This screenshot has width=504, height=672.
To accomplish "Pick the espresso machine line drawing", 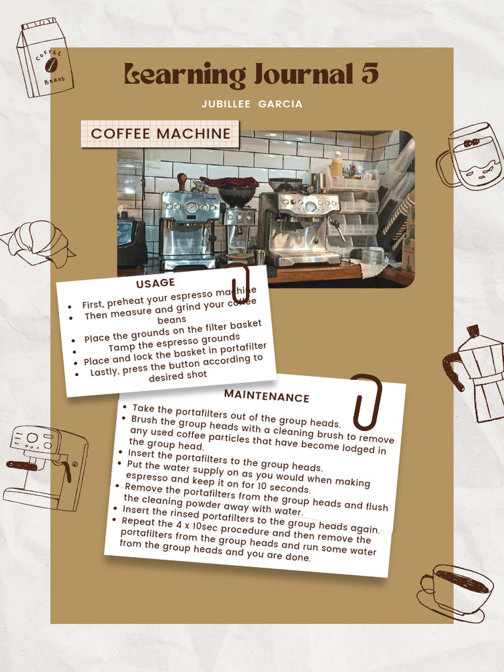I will pyautogui.click(x=46, y=467).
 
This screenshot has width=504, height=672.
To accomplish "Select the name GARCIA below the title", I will pyautogui.click(x=280, y=104).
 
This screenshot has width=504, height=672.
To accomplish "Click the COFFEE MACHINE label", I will pyautogui.click(x=161, y=134).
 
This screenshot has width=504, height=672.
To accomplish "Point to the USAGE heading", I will pyautogui.click(x=156, y=283).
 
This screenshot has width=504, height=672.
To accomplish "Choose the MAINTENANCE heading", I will pyautogui.click(x=266, y=397).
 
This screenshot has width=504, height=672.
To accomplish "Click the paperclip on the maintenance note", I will pyautogui.click(x=366, y=400).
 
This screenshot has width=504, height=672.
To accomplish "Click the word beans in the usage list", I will pyautogui.click(x=172, y=320).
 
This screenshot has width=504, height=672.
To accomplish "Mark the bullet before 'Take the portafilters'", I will pyautogui.click(x=125, y=408).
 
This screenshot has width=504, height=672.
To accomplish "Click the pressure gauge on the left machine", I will pyautogui.click(x=192, y=207).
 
